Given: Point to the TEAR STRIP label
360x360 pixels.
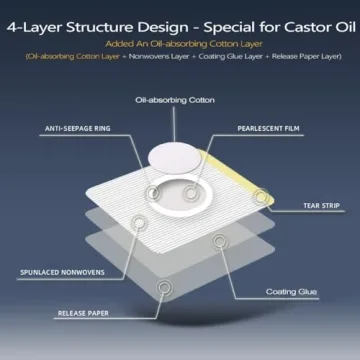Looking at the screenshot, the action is [321, 206].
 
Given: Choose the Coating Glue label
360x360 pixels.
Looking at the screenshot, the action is [293, 292].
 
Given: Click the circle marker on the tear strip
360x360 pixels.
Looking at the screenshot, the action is [262, 196].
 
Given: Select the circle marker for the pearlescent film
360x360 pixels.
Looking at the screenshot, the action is [189, 191].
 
